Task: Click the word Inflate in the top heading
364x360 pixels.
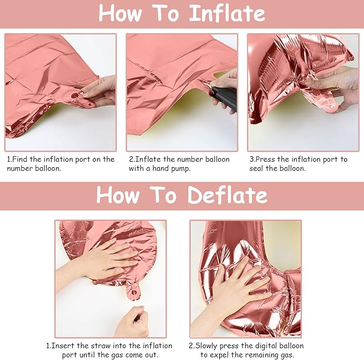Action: (227, 13)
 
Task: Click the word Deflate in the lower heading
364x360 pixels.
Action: (228, 195)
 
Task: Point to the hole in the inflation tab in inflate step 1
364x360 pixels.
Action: (75, 95)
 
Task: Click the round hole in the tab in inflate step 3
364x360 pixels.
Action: (332, 107)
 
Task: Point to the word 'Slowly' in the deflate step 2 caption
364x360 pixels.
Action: (207, 346)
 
